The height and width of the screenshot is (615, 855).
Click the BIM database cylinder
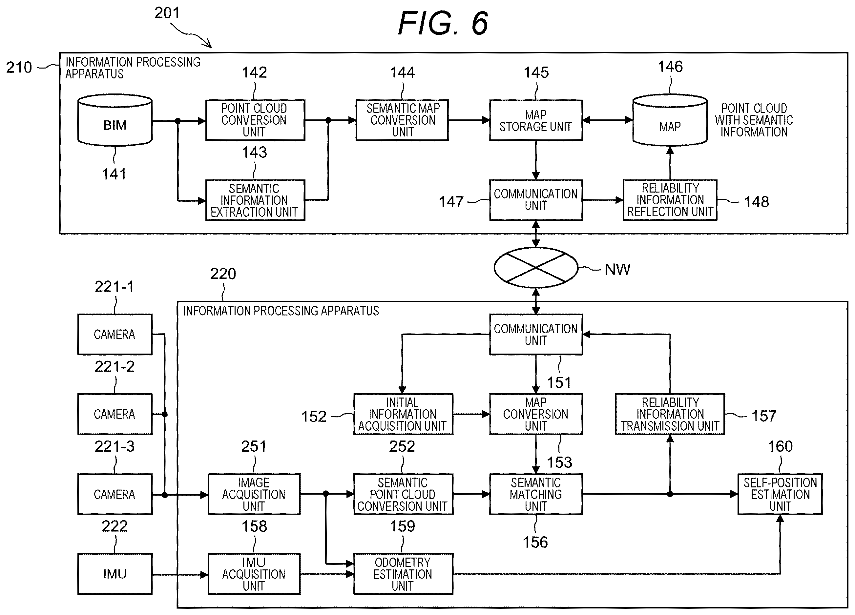[x=115, y=120]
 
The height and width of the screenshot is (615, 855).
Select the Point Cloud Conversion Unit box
[x=255, y=120]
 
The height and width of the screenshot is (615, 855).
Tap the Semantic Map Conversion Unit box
[x=402, y=120]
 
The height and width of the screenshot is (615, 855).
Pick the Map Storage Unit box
[x=536, y=120]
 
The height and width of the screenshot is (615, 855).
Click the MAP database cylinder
[x=670, y=120]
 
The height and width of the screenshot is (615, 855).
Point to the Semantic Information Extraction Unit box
[x=255, y=200]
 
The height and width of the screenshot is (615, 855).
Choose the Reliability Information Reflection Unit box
[x=670, y=200]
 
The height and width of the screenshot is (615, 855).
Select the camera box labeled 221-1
[x=115, y=334]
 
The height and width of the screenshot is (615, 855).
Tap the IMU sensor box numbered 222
[x=115, y=574]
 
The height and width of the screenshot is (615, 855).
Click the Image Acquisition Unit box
[x=254, y=494]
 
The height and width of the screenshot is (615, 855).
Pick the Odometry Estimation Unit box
[x=403, y=574]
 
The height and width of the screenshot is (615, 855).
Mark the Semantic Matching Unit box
[x=536, y=494]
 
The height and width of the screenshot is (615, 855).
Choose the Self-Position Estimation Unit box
[x=780, y=494]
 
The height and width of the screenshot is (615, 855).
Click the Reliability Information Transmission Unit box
[x=670, y=414]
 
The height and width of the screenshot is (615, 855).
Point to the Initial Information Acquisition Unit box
[x=403, y=414]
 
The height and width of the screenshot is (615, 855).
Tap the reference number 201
[x=167, y=13]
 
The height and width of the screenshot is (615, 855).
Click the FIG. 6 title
[x=443, y=23]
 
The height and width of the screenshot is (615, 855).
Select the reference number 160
[x=780, y=446]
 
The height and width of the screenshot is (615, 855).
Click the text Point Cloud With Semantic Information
[x=754, y=120]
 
